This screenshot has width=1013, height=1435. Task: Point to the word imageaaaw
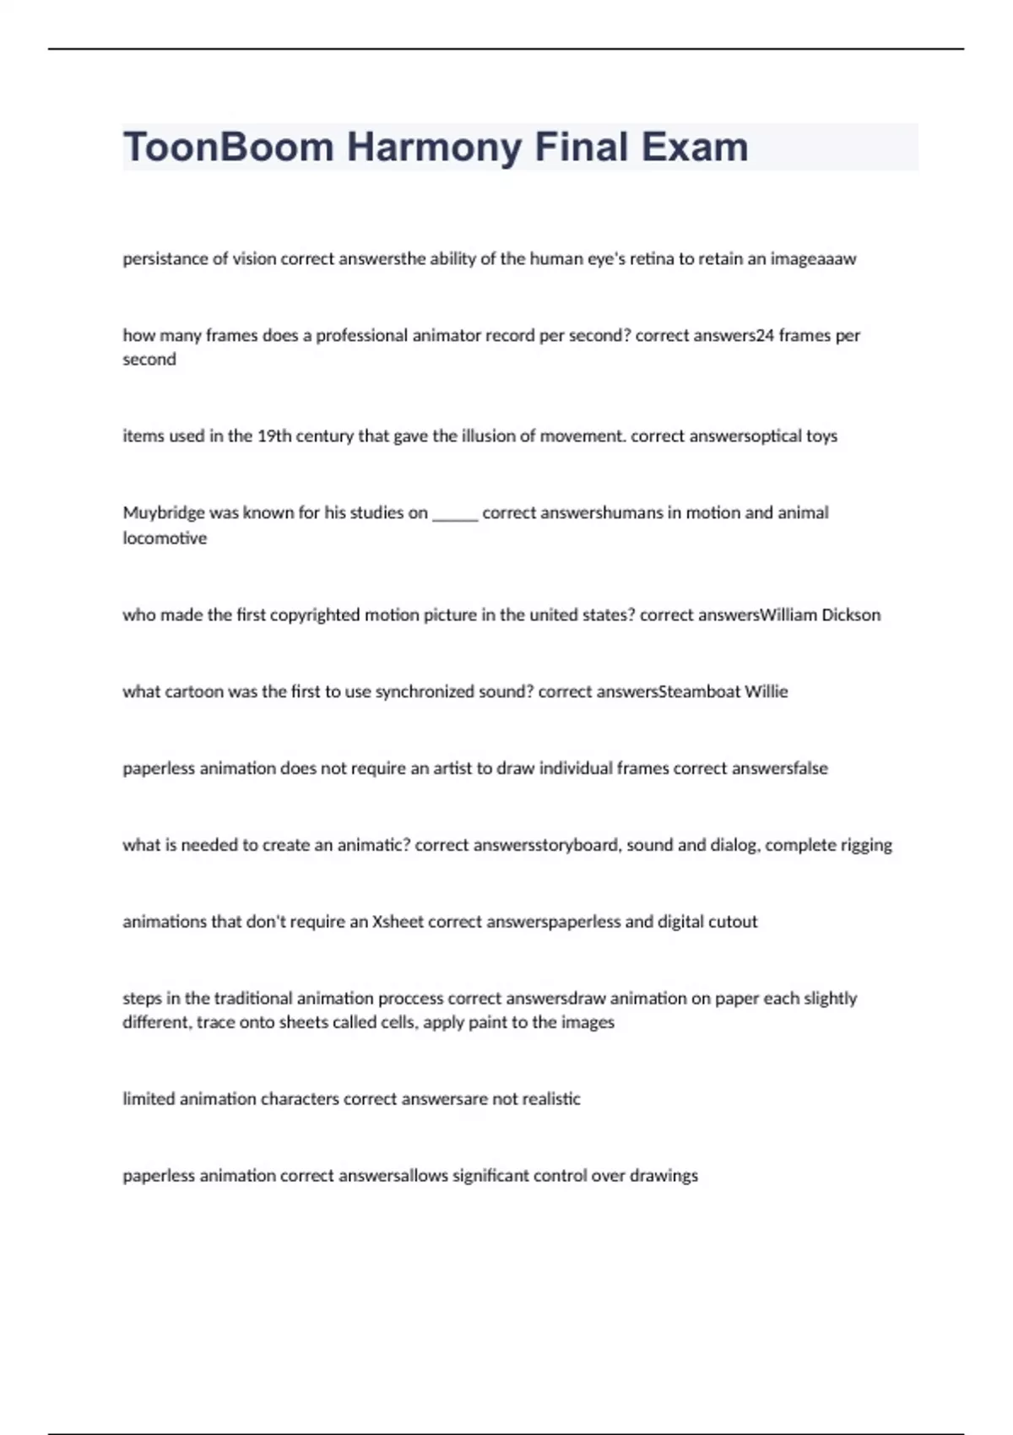click(813, 259)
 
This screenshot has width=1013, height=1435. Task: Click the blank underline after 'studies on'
click(455, 515)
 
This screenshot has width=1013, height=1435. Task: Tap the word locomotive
click(165, 539)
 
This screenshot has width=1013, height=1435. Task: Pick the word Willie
click(766, 692)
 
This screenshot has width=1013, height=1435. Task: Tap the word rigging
click(866, 846)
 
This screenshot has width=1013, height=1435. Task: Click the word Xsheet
click(398, 923)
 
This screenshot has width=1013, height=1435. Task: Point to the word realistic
click(549, 1100)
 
